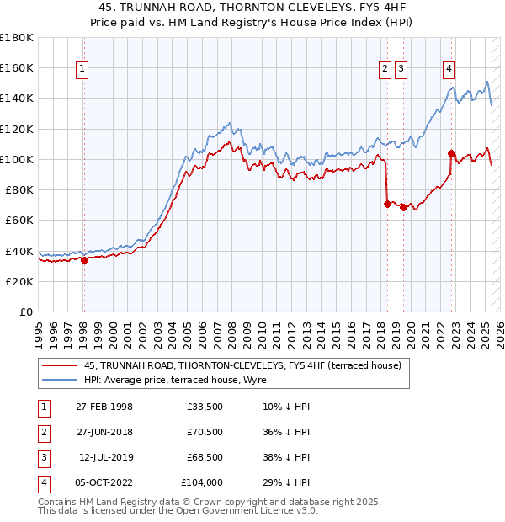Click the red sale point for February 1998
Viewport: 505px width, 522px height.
pos(84,260)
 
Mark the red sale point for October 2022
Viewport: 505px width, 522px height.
pos(451,153)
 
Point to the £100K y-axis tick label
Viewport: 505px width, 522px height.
pos(17,159)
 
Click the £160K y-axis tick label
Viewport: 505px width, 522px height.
pos(17,67)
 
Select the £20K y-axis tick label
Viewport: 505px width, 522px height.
pos(19,281)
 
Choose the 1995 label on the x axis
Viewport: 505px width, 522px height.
pos(38,328)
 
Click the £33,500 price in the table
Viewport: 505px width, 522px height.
pos(205,407)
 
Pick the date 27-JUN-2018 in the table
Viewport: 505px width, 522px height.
pos(104,432)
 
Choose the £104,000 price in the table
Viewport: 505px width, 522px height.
pos(202,482)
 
